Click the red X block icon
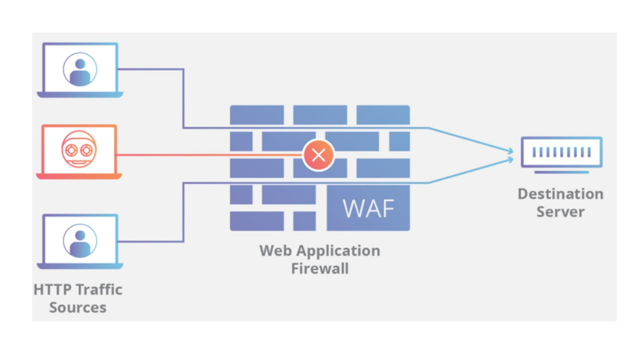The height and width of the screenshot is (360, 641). [318, 156]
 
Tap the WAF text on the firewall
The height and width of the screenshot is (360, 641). [368, 208]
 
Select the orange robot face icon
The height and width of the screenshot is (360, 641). [79, 150]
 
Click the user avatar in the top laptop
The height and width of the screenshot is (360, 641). [80, 68]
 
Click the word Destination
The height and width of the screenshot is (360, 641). [560, 194]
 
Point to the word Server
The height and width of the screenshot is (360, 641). [560, 212]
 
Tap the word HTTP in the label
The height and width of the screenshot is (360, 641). [51, 290]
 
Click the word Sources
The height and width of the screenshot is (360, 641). [78, 307]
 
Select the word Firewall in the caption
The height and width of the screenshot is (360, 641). [320, 268]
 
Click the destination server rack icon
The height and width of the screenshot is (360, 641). [561, 152]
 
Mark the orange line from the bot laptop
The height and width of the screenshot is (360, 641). [210, 156]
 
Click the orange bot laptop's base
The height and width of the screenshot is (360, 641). [79, 176]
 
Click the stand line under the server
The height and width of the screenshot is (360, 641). [561, 172]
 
